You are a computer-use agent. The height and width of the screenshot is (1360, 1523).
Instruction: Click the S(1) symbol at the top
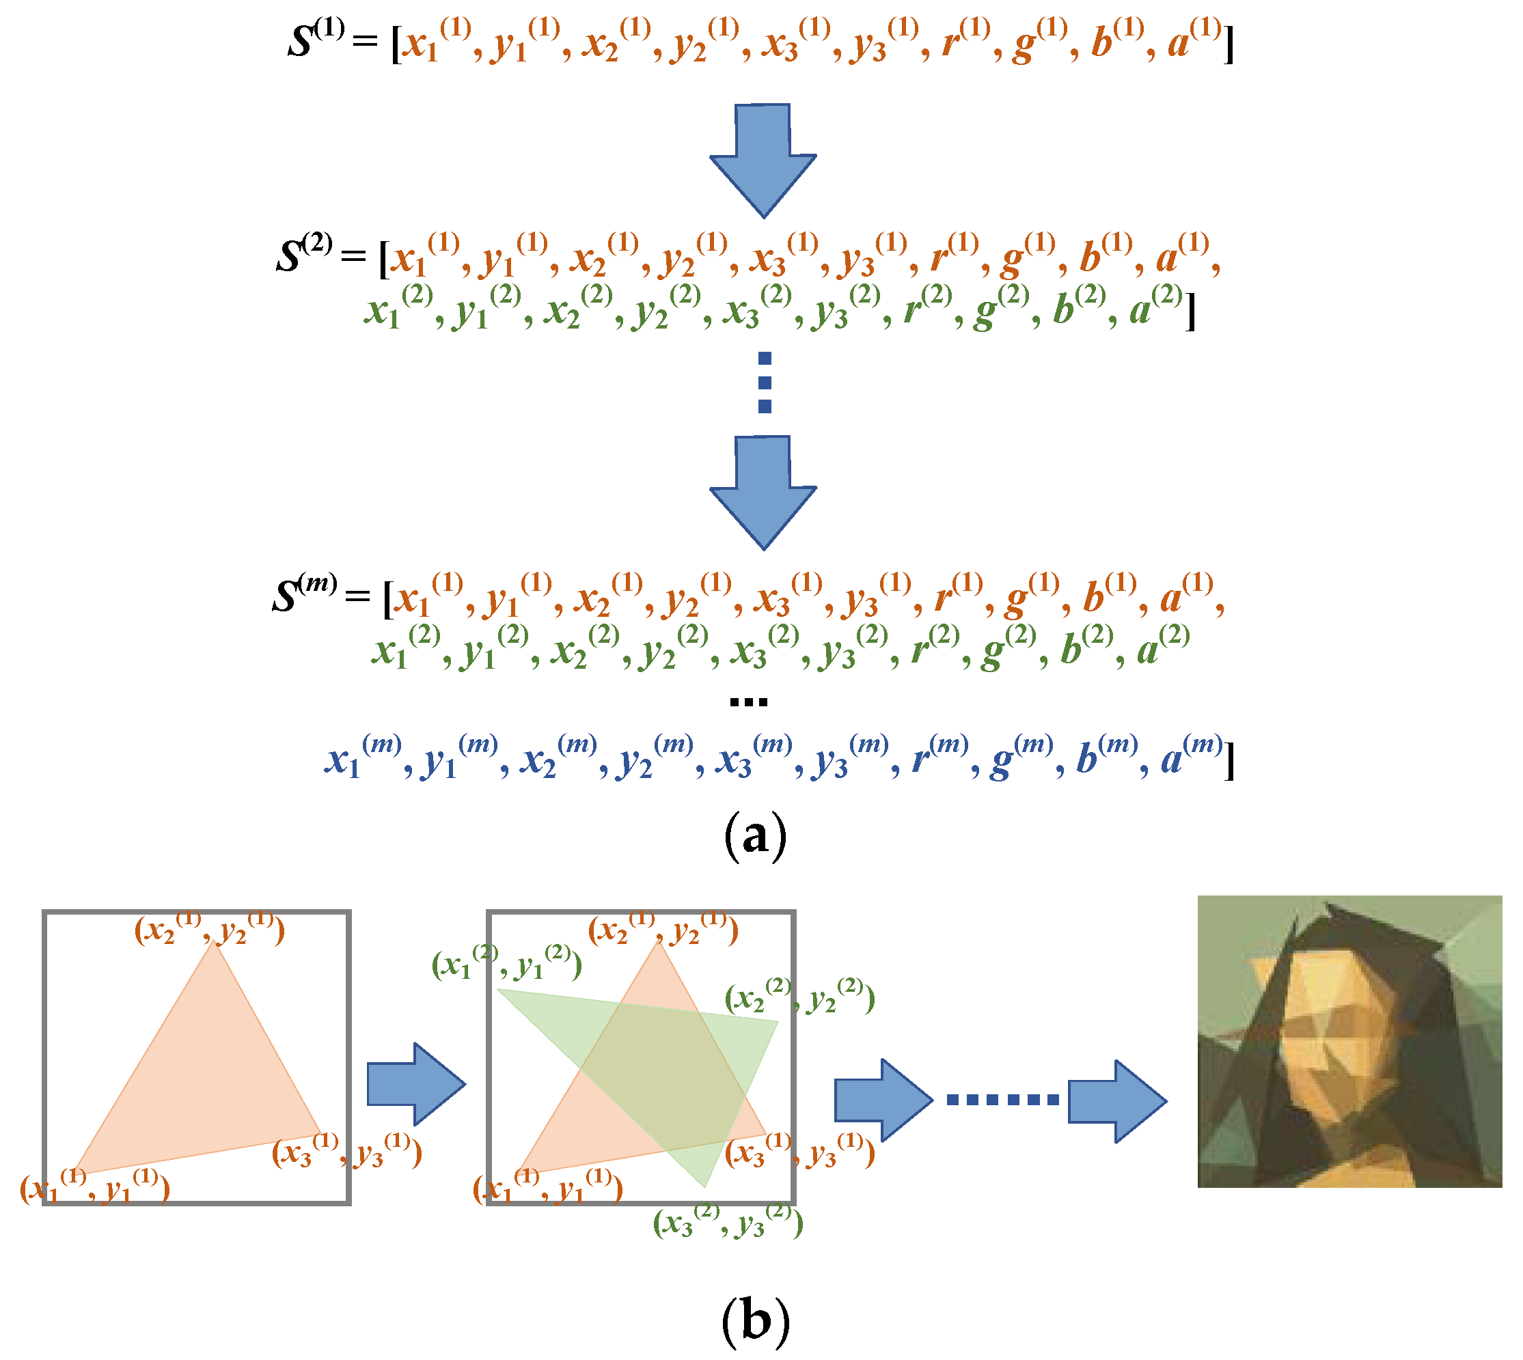point(316,39)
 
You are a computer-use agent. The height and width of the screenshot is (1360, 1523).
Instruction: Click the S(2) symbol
point(303,254)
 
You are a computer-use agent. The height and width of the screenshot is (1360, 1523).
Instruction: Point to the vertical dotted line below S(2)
point(765,382)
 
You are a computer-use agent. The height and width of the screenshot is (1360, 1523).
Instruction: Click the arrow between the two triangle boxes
point(415,1083)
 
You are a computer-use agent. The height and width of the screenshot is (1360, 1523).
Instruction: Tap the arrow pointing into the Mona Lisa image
point(1116,1100)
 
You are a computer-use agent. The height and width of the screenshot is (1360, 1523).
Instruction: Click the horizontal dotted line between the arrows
point(1002,1100)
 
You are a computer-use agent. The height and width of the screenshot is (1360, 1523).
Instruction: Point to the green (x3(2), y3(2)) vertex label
point(727,1223)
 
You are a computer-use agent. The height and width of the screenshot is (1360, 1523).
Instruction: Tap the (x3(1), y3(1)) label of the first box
point(346,1152)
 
